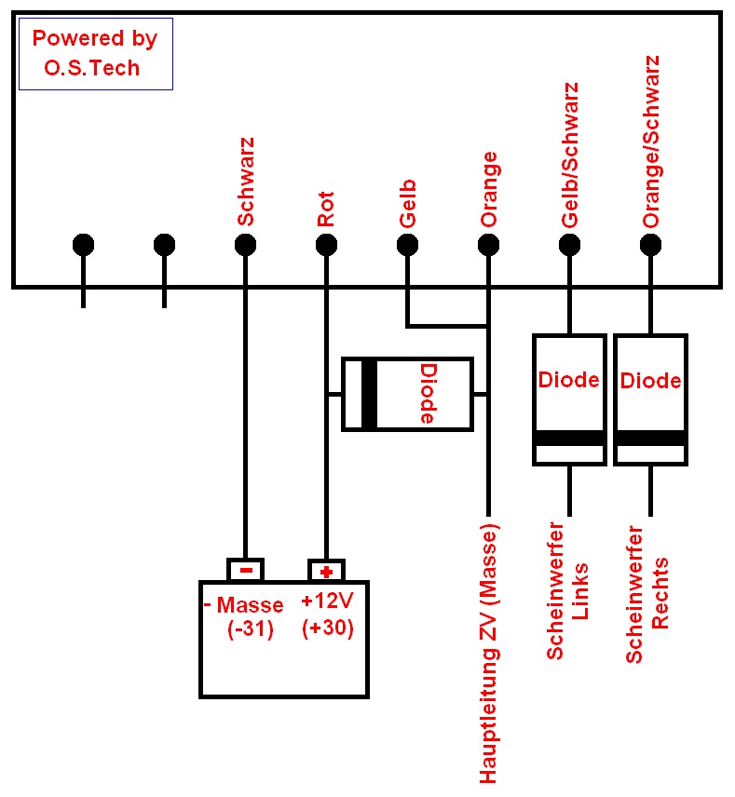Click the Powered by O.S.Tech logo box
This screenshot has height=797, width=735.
click(95, 53)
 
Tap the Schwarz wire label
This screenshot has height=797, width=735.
click(246, 182)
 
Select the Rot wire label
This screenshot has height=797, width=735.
click(326, 209)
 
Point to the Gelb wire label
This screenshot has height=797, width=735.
click(407, 204)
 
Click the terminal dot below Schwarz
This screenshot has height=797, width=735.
click(246, 245)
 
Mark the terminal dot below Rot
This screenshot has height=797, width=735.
click(326, 245)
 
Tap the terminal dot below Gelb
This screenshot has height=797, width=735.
click(407, 245)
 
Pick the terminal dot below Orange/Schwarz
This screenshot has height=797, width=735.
click(650, 245)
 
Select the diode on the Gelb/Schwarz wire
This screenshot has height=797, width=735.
click(569, 399)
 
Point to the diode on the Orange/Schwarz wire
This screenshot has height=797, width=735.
click(650, 399)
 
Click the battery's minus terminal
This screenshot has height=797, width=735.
click(246, 569)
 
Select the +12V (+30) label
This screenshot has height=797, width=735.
click(327, 615)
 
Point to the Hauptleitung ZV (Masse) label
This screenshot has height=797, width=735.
click(489, 652)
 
